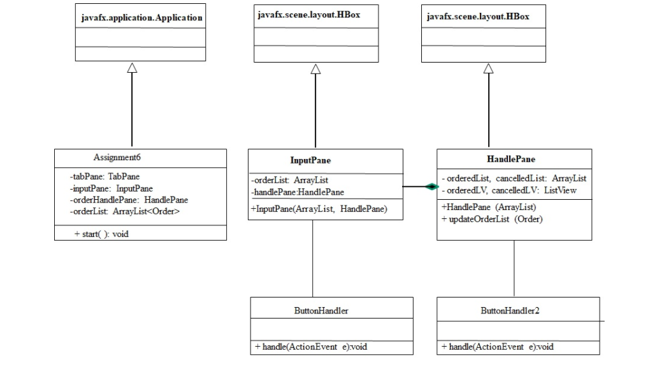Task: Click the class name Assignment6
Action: [x=117, y=158]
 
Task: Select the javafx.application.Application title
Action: [x=141, y=18]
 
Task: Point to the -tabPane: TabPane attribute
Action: [x=105, y=177]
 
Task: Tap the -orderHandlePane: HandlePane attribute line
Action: [x=129, y=200]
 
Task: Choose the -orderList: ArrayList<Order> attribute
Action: [x=125, y=211]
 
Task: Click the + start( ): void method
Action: [x=101, y=234]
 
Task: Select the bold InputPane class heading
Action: [x=310, y=160]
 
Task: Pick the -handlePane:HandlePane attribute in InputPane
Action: [x=298, y=192]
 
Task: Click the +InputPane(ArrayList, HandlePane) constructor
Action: [x=319, y=209]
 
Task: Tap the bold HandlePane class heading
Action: [x=510, y=159]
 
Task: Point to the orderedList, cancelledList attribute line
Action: [x=514, y=179]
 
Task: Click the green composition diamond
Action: [x=431, y=187]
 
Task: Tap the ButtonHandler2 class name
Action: [x=510, y=311]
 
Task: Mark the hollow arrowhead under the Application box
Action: [x=132, y=68]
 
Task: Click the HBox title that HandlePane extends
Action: [x=478, y=17]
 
